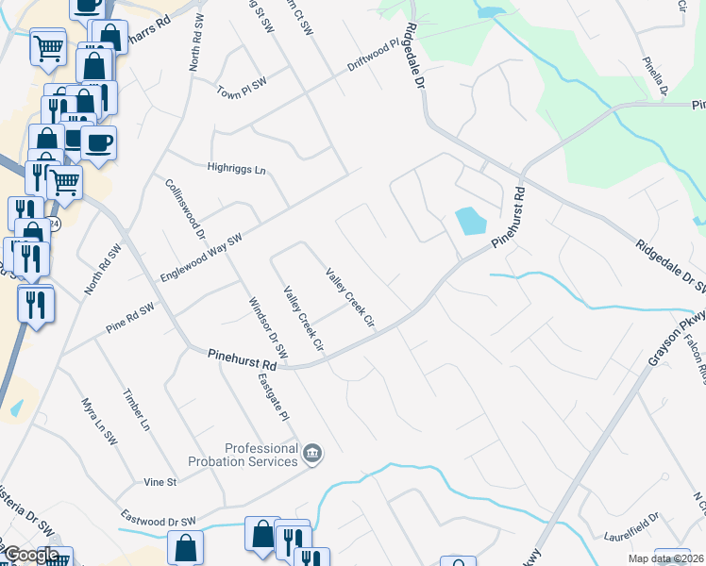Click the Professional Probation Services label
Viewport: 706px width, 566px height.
point(261,456)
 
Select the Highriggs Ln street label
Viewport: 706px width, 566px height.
point(237,169)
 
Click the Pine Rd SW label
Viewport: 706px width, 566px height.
point(129,312)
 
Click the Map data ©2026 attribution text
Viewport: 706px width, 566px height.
point(664,558)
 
